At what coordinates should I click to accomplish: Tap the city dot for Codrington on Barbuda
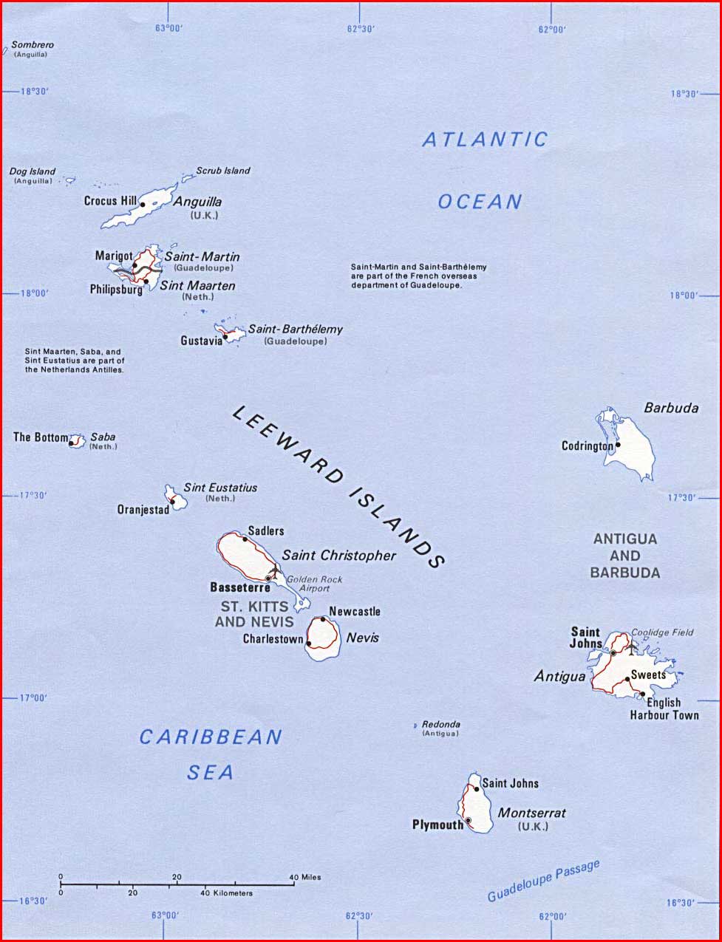click(618, 444)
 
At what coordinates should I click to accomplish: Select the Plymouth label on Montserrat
click(437, 825)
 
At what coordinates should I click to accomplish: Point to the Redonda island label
click(440, 725)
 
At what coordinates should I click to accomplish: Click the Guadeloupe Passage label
click(543, 881)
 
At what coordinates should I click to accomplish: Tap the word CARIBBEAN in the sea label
click(211, 737)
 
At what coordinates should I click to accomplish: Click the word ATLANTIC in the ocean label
click(485, 139)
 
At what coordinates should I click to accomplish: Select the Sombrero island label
click(32, 45)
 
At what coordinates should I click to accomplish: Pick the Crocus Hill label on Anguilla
click(110, 201)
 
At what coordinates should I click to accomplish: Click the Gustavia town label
click(201, 341)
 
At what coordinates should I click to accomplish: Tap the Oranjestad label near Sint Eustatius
click(143, 510)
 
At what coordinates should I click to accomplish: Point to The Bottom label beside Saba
click(40, 437)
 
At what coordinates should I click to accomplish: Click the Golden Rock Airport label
click(314, 584)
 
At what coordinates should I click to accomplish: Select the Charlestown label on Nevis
click(273, 639)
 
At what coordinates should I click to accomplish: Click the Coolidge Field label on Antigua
click(662, 632)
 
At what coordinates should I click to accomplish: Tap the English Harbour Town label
click(664, 709)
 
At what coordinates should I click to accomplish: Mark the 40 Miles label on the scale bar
click(305, 877)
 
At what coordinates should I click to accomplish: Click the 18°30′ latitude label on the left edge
click(34, 92)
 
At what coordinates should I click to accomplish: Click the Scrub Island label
click(222, 171)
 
